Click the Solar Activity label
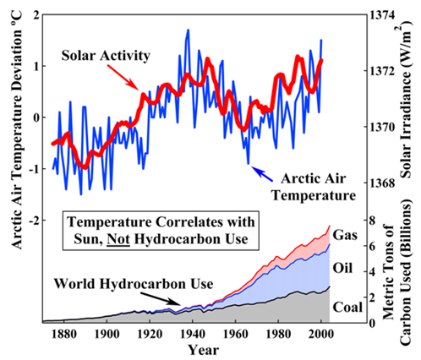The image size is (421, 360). (x=106, y=56)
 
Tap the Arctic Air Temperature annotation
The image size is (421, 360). (x=314, y=187)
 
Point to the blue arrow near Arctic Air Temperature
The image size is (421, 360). (x=262, y=174)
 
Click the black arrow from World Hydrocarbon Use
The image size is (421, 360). (x=161, y=299)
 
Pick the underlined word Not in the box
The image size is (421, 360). (x=118, y=239)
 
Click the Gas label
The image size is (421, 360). (x=345, y=235)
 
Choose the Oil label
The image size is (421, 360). (x=342, y=268)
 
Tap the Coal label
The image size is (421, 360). (x=347, y=307)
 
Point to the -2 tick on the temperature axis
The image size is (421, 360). (x=34, y=220)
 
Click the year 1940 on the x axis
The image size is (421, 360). (x=193, y=334)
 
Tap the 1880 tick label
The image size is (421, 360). (x=64, y=334)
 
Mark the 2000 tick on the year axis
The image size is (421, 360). (x=320, y=334)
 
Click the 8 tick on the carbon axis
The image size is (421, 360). (x=374, y=220)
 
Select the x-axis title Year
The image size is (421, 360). (x=203, y=350)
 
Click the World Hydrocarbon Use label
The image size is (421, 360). (x=134, y=284)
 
